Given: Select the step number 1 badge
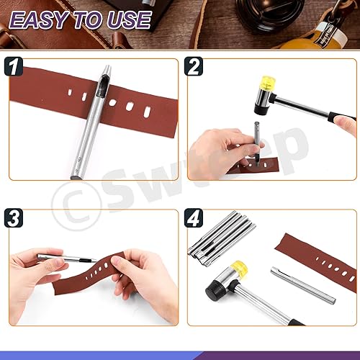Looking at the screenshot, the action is pos(14,66).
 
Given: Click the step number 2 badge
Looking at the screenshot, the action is pos(194,66).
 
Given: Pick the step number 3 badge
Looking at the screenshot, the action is pos(14,218).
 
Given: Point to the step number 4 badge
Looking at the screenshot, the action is pos(194,218).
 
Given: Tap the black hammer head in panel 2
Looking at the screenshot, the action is pos(260,109).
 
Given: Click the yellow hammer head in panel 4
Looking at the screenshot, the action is pos(240,268).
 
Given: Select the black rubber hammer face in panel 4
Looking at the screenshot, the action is pos(212,292).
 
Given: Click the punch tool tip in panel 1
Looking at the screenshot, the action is pos(107,70).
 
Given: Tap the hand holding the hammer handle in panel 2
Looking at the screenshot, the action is pos(345,125).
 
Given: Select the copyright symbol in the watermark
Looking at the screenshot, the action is pos(76,206).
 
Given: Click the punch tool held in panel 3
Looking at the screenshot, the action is pos(67,258).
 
